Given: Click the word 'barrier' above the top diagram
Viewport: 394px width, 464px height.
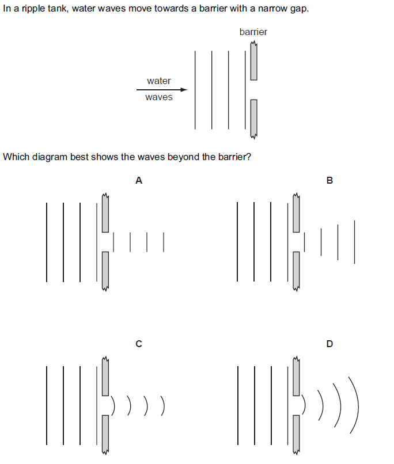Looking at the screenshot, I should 253,32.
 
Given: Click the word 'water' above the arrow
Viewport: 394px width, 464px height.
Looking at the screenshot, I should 158,81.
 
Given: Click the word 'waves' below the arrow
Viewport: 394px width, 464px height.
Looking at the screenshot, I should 158,97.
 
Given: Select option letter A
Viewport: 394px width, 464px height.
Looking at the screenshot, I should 138,181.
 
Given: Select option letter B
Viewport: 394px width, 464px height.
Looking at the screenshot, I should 329,181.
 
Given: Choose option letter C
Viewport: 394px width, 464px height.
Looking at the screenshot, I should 138,344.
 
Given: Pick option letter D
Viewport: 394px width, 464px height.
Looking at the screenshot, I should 329,344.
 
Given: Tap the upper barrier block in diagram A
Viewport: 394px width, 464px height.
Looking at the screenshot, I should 105,213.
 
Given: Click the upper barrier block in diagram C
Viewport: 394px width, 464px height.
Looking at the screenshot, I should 105,376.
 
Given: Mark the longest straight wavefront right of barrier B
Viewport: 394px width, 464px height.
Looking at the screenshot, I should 354,242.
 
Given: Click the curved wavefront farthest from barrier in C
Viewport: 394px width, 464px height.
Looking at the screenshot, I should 165,406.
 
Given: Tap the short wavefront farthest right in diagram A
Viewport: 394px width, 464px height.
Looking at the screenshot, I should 164,242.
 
